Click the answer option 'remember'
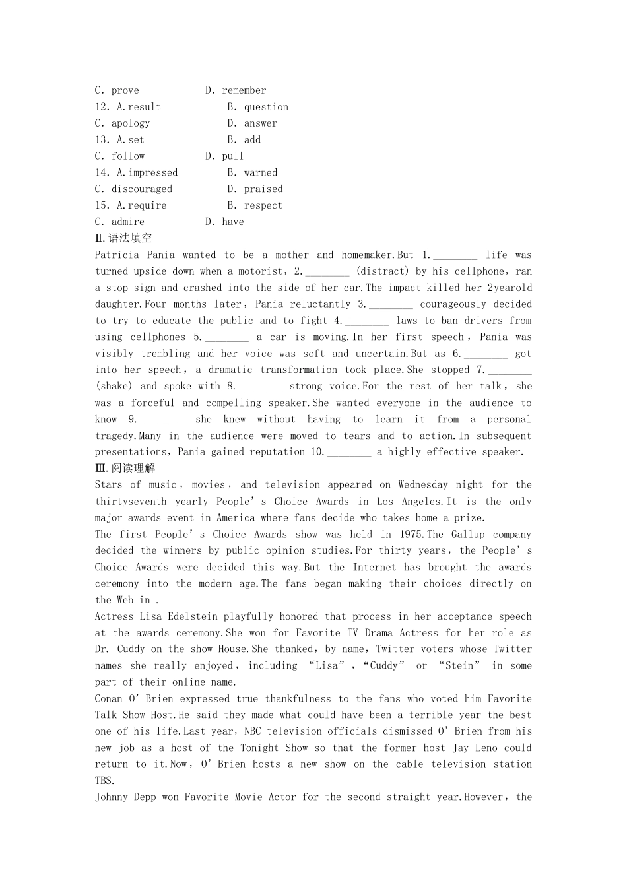tap(244, 90)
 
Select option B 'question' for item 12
tap(266, 107)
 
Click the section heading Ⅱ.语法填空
tap(123, 238)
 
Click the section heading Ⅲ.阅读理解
tap(125, 468)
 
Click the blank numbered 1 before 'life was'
tap(455, 255)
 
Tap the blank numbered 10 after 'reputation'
tap(349, 452)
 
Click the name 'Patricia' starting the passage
tap(117, 255)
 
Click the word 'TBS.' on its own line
tap(105, 781)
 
